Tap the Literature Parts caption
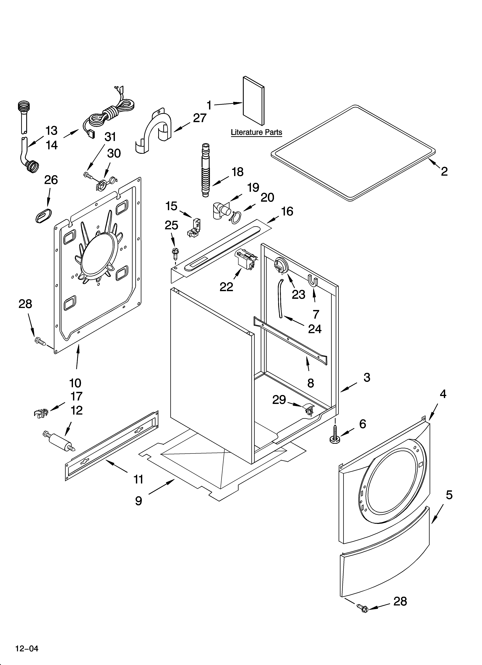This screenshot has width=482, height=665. pyautogui.click(x=256, y=132)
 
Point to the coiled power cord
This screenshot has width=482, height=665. pyautogui.click(x=112, y=114)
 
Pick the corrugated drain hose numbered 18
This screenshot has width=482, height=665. pyautogui.click(x=206, y=170)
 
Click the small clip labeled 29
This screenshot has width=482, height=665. pyautogui.click(x=308, y=408)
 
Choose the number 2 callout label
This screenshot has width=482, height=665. pyautogui.click(x=444, y=171)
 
